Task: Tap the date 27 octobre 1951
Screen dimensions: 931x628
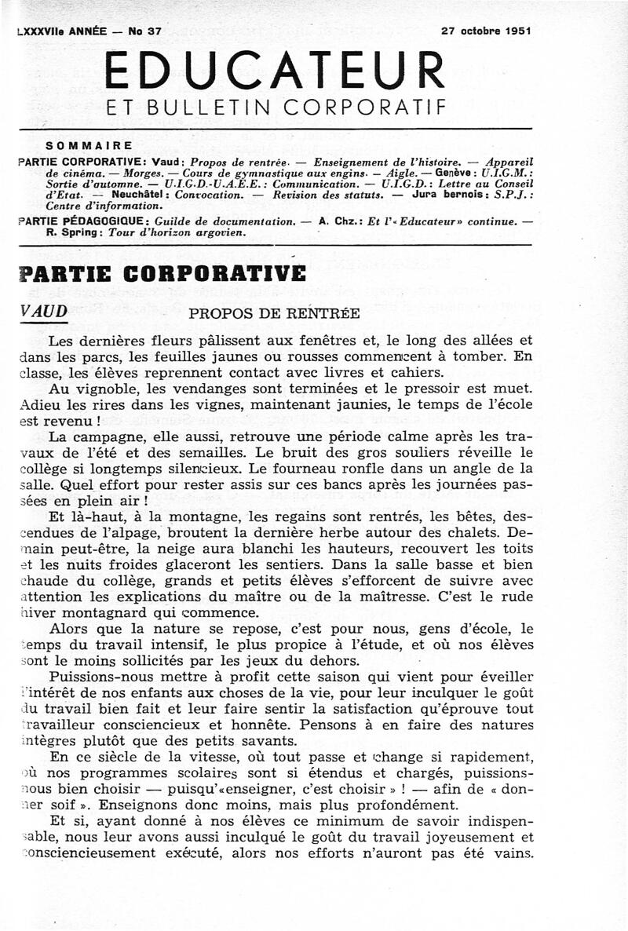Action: click(486, 31)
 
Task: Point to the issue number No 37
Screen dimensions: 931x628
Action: click(144, 31)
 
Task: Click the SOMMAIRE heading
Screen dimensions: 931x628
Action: click(89, 145)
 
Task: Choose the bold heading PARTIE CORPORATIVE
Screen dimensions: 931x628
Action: click(161, 274)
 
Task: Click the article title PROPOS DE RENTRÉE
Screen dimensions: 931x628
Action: click(275, 313)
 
